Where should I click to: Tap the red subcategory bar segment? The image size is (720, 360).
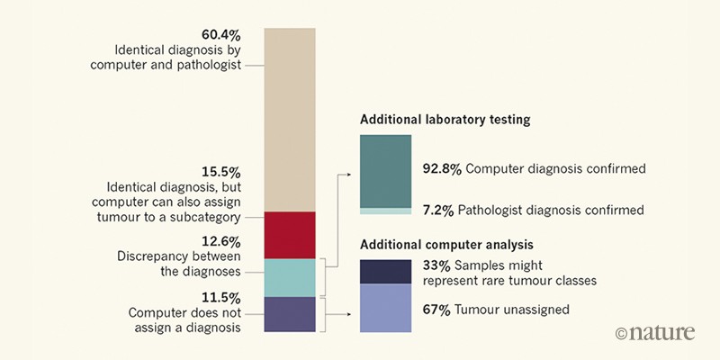coord(290,235)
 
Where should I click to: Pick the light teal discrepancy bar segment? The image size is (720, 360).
coord(290,277)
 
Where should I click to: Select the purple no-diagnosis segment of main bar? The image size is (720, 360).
coord(290,314)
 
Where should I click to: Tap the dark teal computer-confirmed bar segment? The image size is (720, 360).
coord(385,171)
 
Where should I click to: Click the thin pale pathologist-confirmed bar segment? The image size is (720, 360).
coord(385,211)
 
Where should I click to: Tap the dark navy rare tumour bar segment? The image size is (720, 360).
coord(385,271)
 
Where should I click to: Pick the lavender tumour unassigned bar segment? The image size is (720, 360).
coord(385,308)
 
